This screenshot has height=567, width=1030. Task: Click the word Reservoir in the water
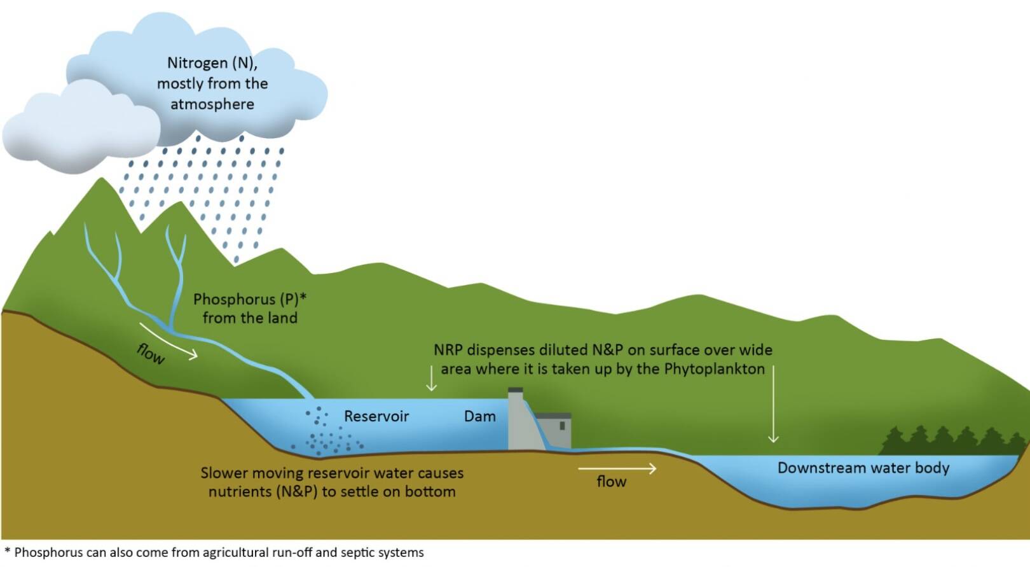click(376, 416)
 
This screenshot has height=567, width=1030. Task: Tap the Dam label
click(479, 416)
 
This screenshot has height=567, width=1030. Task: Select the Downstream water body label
click(863, 468)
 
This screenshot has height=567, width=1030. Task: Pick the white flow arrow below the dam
click(617, 469)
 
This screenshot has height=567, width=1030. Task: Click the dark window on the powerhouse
click(562, 426)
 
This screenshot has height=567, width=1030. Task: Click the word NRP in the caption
click(448, 350)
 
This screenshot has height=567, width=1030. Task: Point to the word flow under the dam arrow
click(611, 482)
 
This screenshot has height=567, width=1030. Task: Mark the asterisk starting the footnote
click(8, 550)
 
